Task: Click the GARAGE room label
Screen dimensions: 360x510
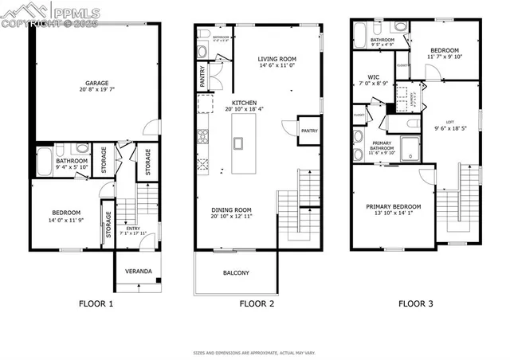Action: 97,82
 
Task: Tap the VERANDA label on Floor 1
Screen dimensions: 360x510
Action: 139,272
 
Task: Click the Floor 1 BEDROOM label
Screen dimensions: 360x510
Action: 66,212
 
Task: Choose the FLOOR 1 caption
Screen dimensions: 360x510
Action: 96,303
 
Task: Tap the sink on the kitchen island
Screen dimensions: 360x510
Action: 238,143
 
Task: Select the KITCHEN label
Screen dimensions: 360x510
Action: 244,104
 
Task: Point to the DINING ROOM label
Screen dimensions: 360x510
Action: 233,211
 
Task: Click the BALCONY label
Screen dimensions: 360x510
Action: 235,273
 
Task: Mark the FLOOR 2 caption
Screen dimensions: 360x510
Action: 257,303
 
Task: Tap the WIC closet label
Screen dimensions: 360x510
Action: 362,78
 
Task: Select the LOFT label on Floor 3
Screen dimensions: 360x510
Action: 450,122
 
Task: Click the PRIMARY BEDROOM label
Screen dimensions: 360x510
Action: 394,206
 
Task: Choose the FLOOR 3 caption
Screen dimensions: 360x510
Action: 418,303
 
